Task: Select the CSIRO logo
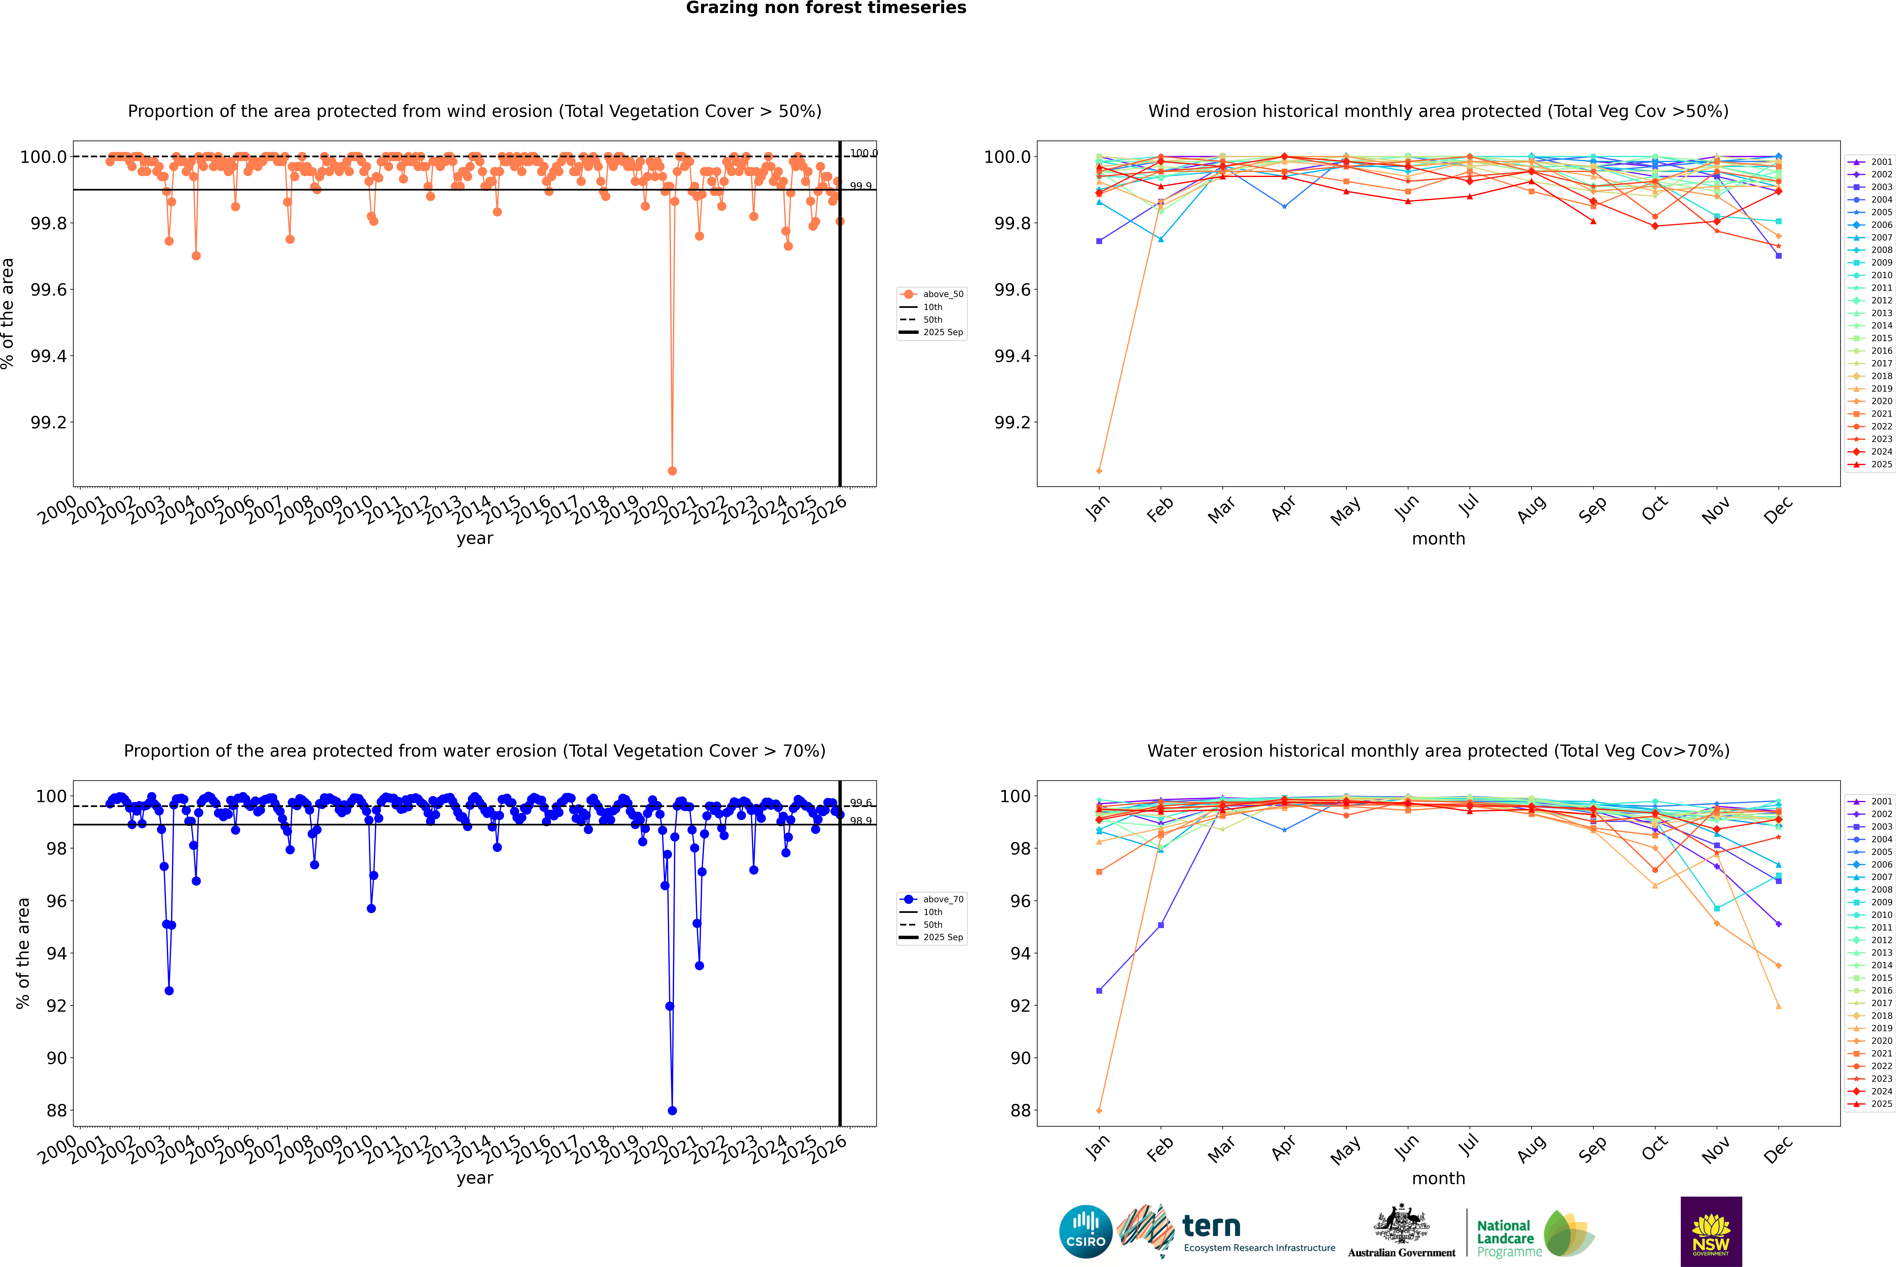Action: [1085, 1232]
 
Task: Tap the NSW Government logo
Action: [1711, 1232]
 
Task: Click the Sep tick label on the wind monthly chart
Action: [1592, 509]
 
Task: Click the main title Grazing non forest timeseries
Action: [826, 8]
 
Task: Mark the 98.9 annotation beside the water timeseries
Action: [861, 821]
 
